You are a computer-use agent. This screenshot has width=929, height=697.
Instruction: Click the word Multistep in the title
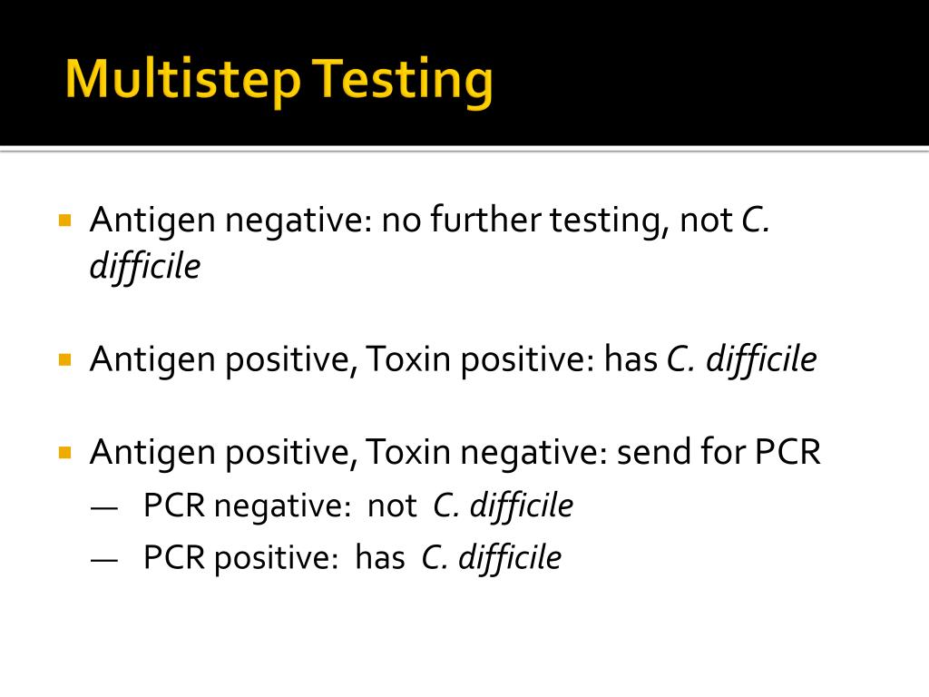(x=182, y=81)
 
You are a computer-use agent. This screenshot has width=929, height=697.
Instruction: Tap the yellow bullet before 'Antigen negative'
(x=64, y=220)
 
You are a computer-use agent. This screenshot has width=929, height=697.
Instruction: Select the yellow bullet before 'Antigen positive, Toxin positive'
(x=64, y=359)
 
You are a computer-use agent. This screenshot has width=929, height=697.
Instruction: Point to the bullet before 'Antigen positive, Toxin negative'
(x=64, y=451)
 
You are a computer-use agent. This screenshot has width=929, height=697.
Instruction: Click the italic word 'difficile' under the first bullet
(x=144, y=267)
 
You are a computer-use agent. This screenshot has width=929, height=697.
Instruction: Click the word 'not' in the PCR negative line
(x=392, y=506)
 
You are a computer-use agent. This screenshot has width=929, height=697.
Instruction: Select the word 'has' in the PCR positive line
(x=380, y=557)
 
